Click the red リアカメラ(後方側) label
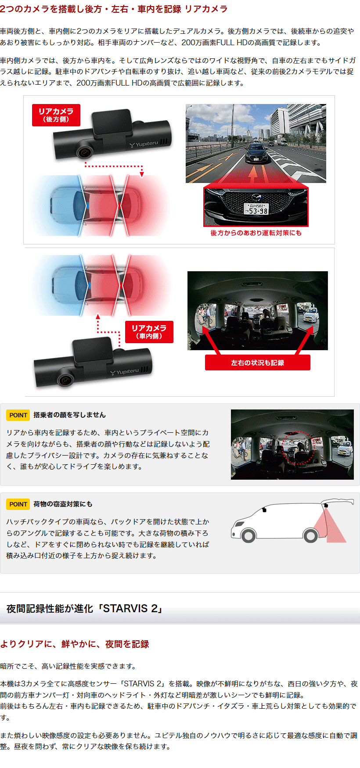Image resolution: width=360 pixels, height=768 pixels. pyautogui.click(x=56, y=115)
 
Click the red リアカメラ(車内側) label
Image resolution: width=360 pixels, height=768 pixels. pyautogui.click(x=149, y=332)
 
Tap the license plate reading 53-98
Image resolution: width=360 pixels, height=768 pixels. pyautogui.click(x=256, y=208)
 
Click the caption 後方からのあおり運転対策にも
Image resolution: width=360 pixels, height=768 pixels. pyautogui.click(x=256, y=233)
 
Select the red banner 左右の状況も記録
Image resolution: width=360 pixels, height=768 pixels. pyautogui.click(x=258, y=362)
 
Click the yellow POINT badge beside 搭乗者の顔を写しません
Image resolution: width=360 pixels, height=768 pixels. pyautogui.click(x=18, y=415)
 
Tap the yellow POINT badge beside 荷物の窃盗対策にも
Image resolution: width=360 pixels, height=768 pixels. pyautogui.click(x=18, y=504)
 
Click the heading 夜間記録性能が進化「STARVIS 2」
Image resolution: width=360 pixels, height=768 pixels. pyautogui.click(x=85, y=609)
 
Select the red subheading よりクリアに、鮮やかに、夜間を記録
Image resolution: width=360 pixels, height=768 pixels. pyautogui.click(x=75, y=644)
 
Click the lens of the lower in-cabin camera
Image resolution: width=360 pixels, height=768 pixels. pyautogui.click(x=65, y=380)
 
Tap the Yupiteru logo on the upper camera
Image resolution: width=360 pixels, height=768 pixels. pyautogui.click(x=144, y=144)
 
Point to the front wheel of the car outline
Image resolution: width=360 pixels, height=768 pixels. pyautogui.click(x=248, y=535)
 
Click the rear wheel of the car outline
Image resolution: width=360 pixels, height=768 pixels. pyautogui.click(x=311, y=535)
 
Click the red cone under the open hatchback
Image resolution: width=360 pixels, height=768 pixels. pyautogui.click(x=330, y=527)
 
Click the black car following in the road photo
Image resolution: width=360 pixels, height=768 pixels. pyautogui.click(x=256, y=153)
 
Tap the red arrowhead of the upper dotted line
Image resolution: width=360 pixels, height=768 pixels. pyautogui.click(x=142, y=174)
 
